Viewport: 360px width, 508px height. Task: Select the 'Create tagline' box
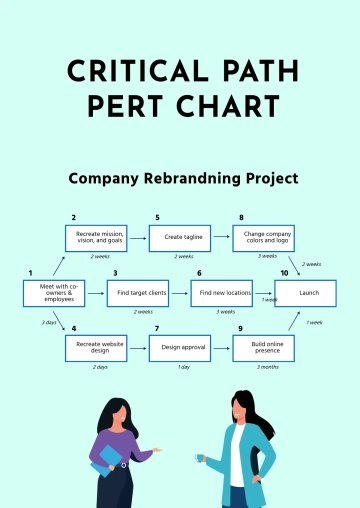point(180,238)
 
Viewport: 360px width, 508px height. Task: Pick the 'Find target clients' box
point(137,293)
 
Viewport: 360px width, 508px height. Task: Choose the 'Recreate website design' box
point(96,348)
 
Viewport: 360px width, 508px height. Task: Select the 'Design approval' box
point(180,348)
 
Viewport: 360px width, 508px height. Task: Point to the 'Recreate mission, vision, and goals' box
point(96,238)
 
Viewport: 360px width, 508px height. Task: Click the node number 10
point(284,273)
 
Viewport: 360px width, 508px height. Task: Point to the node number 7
point(157,328)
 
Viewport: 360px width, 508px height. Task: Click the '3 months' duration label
point(268,367)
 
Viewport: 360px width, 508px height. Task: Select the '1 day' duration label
point(184,367)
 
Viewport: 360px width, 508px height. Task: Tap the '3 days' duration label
point(48,322)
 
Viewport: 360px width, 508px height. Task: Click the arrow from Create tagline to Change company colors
point(222,238)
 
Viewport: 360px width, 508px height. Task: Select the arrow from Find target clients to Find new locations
point(179,293)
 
